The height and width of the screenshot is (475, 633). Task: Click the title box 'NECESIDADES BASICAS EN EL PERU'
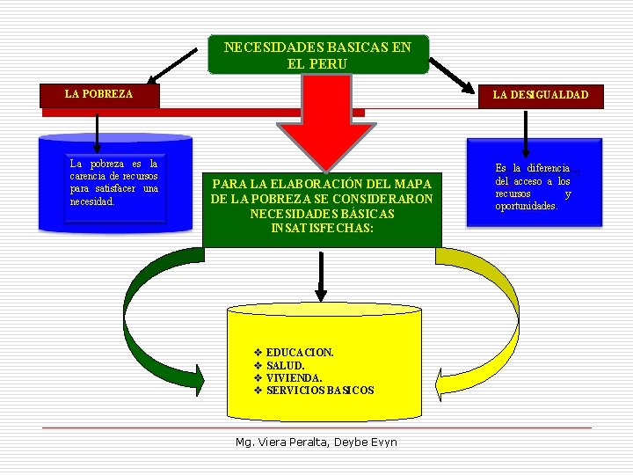pos(318,55)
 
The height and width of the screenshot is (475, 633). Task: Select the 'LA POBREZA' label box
pos(99,96)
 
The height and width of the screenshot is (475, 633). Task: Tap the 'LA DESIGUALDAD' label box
pos(541,97)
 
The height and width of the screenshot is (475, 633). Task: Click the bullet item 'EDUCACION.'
pos(294,353)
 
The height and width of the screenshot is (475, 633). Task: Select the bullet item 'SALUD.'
pos(280,366)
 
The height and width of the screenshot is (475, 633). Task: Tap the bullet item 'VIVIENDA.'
pos(287,378)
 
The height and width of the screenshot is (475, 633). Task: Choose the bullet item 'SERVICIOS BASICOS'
pos(314,391)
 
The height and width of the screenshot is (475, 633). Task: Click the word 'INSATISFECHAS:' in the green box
pos(322,228)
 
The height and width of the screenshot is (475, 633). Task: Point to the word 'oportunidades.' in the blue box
pos(527,207)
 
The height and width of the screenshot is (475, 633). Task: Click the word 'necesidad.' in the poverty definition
pos(92,201)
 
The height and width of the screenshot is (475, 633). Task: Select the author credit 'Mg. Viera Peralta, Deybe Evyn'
pos(316,442)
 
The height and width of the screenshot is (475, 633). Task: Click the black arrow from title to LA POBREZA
pos(172,66)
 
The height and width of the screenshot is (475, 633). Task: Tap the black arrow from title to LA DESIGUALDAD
pos(452,76)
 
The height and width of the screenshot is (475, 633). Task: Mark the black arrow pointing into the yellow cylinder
pos(321,277)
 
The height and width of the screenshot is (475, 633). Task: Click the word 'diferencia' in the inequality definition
pos(549,168)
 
